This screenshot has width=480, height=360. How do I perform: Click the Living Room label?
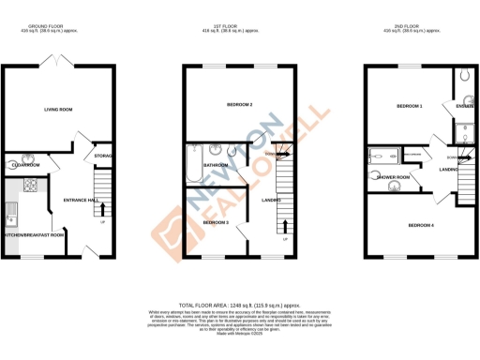(58, 110)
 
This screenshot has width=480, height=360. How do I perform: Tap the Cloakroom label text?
(24, 164)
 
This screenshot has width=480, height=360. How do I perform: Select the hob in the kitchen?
(29, 183)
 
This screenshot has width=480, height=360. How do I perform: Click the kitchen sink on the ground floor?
(12, 205)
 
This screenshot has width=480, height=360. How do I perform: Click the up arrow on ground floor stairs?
(102, 212)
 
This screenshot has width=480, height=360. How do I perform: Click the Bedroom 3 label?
(216, 222)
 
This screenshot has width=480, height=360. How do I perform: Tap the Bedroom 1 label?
(410, 106)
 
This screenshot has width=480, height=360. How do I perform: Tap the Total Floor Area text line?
(239, 306)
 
